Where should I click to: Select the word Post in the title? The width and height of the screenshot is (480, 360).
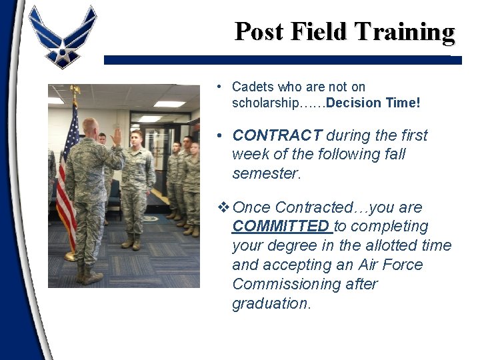click(259, 31)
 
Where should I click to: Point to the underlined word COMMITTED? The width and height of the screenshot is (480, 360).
click(280, 226)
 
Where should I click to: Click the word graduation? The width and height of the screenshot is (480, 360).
click(271, 303)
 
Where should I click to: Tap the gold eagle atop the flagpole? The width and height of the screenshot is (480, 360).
click(75, 90)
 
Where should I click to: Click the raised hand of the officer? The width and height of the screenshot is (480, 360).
click(117, 136)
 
